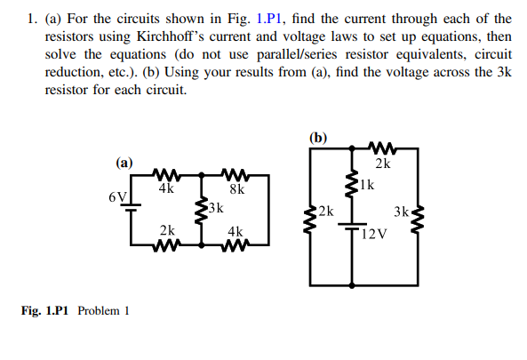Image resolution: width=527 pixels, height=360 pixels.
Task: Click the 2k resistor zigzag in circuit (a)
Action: tap(166, 244)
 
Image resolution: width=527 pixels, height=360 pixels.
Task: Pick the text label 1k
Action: tap(368, 185)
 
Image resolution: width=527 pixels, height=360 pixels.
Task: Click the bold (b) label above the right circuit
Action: tap(318, 137)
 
